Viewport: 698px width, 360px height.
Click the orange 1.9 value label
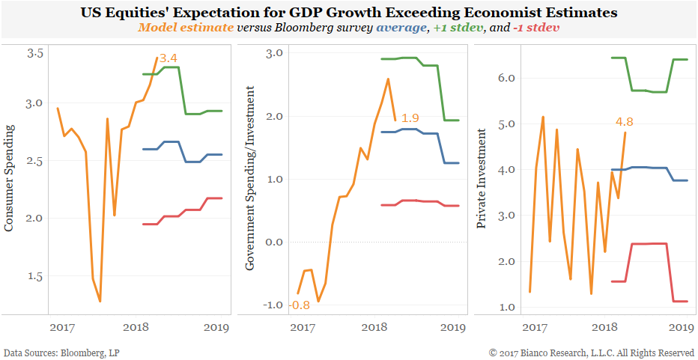[410, 118]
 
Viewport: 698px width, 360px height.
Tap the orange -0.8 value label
[280, 305]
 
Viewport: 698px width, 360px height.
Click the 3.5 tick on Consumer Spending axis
[35, 54]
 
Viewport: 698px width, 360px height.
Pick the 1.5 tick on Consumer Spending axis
[35, 276]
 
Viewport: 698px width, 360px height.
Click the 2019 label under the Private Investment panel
[679, 327]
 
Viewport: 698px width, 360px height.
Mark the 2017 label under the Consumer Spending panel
[61, 327]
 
